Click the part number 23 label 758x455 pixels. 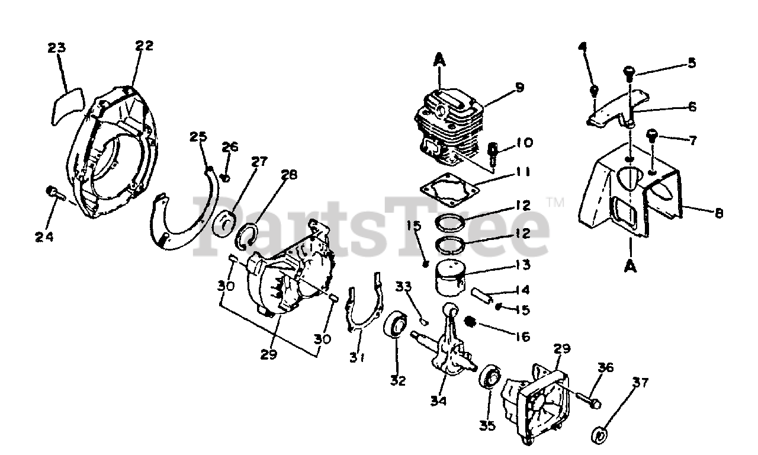[x=57, y=48]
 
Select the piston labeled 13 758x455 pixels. [x=451, y=277]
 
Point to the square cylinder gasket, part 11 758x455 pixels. [x=449, y=191]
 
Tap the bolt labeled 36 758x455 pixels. [x=587, y=399]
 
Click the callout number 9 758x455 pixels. [x=519, y=88]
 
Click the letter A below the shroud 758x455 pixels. [x=630, y=267]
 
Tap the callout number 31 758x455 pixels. [x=356, y=357]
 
